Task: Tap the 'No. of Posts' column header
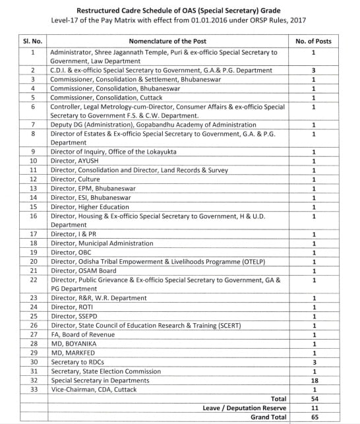click(x=314, y=40)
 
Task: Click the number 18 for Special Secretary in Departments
click(x=314, y=380)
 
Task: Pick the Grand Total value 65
click(x=314, y=417)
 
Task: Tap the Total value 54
click(x=314, y=399)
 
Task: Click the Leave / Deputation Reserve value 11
click(x=314, y=408)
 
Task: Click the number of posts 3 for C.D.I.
click(x=314, y=69)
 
